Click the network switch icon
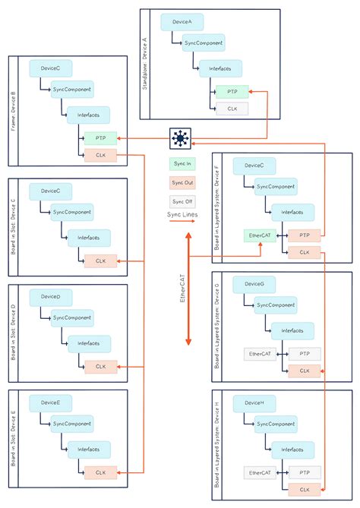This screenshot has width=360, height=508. coord(180,138)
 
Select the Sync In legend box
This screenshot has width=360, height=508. coord(182,163)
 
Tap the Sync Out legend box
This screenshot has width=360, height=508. coord(182,183)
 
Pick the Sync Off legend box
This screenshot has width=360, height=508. coord(182,202)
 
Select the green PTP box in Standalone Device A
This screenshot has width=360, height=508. coord(231,92)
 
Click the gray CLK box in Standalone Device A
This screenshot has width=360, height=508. coord(231,109)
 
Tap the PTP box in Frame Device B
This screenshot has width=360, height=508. coord(100,138)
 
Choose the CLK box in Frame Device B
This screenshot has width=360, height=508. coord(100,156)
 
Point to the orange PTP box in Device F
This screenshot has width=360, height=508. coord(304,235)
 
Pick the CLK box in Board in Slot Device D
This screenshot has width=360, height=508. coord(100,366)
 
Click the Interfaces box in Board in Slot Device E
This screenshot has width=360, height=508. coord(88,448)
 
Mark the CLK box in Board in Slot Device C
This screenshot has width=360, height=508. coord(100,261)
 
